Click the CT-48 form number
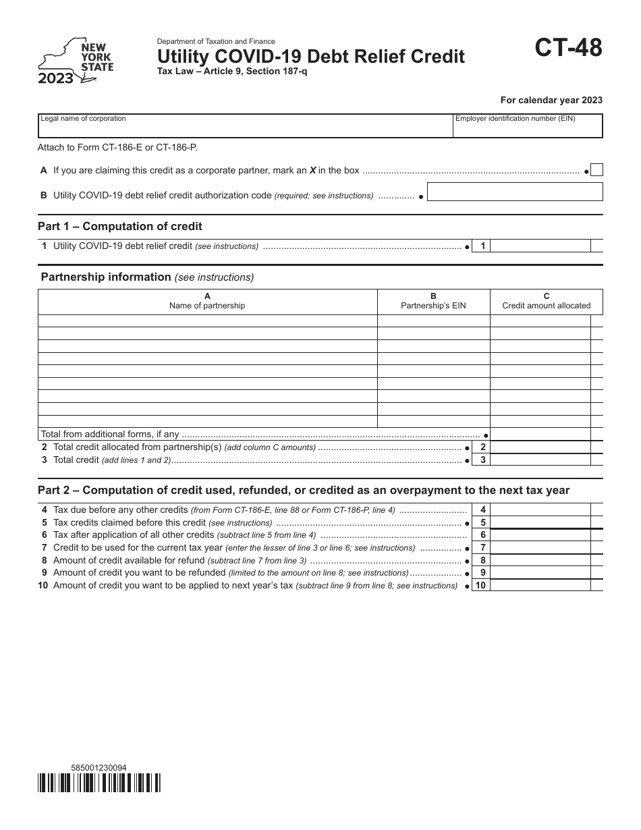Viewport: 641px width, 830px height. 569,49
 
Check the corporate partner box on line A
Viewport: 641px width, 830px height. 596,171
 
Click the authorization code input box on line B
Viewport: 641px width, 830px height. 515,192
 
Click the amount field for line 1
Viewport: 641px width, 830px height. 540,246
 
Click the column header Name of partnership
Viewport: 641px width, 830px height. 207,301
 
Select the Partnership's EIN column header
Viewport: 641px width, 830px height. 433,301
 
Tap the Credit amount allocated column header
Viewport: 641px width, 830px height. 546,301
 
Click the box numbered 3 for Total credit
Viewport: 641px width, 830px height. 482,460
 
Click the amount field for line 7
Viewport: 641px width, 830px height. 540,548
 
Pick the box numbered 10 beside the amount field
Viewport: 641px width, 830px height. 480,586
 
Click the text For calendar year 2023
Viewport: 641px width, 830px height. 551,100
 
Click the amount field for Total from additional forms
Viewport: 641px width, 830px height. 540,435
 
